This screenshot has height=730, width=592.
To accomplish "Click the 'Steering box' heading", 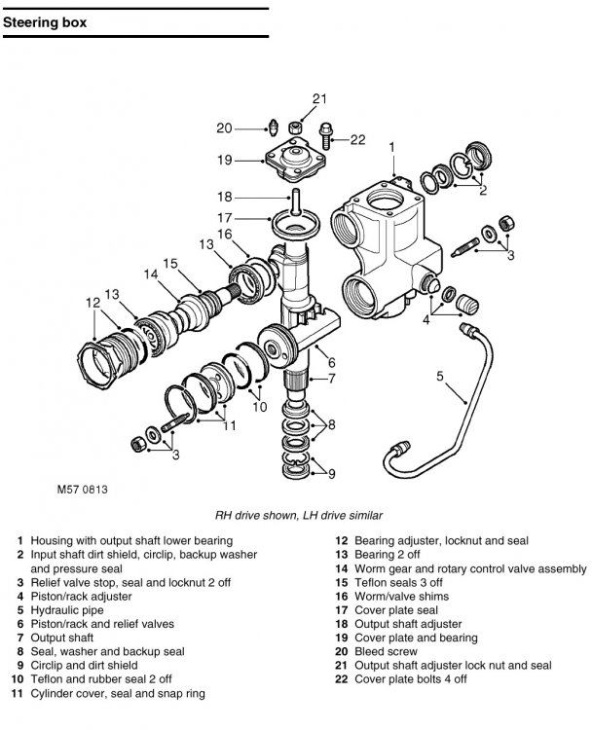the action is click(45, 22).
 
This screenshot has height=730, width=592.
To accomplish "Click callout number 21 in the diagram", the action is click(319, 98).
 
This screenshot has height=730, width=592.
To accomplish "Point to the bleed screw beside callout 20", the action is click(274, 128).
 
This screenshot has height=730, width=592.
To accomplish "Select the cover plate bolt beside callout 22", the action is click(326, 136).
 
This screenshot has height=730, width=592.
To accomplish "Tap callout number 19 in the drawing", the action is click(225, 161).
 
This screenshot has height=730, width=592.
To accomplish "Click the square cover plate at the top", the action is click(295, 161).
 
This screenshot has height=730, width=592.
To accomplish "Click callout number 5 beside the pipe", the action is click(440, 376).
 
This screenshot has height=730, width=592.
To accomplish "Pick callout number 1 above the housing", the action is click(391, 148).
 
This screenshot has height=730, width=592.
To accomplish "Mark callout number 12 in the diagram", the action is click(93, 303).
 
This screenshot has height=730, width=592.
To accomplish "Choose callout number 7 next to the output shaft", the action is click(331, 379).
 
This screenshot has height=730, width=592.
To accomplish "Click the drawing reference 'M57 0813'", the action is click(82, 490).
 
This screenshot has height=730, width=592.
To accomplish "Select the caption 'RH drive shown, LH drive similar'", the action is click(299, 515).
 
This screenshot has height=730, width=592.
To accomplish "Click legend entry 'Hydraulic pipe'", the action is click(67, 610).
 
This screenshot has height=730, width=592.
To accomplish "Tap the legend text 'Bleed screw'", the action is click(386, 651).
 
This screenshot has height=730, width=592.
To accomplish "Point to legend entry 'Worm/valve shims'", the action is click(401, 597).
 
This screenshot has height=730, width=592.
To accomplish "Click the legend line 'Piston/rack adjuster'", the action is click(81, 597).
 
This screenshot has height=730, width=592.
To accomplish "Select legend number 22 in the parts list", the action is click(342, 679).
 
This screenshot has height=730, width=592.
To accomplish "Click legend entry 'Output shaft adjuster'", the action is click(408, 624).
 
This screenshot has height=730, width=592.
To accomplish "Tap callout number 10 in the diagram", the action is click(259, 407).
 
